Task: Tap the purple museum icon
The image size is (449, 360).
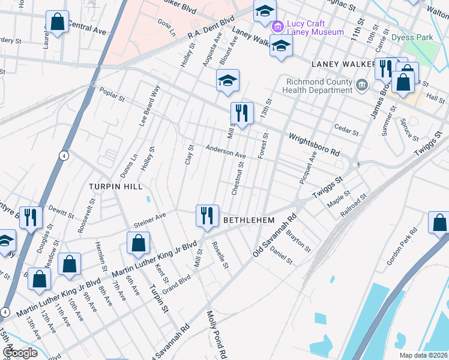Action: [x=277, y=27]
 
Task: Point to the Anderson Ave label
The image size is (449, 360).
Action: [x=226, y=152]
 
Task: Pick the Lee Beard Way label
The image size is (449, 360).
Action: [x=150, y=105]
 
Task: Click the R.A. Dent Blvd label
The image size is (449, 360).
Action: [x=210, y=29]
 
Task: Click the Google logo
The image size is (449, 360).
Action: [x=20, y=353]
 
